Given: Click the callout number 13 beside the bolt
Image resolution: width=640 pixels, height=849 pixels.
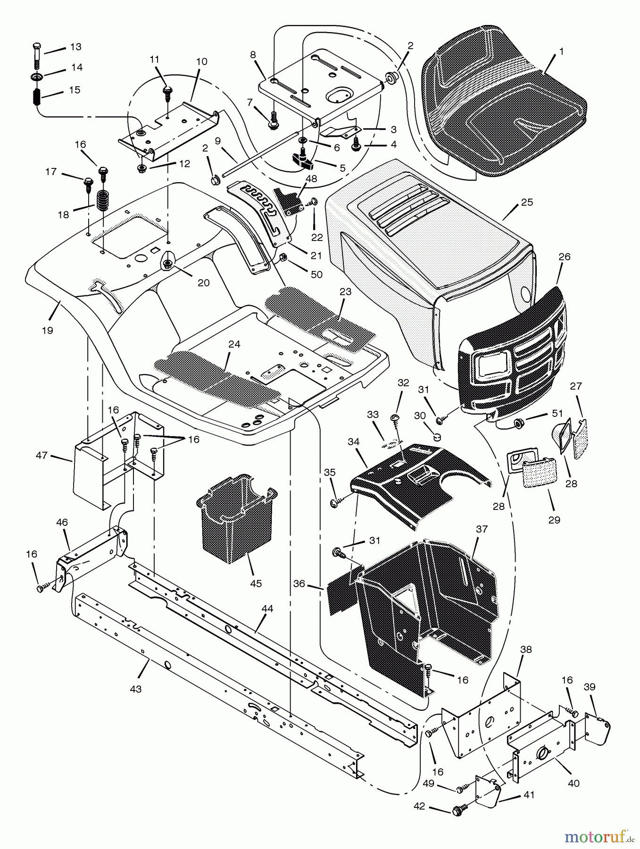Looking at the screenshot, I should [x=75, y=47].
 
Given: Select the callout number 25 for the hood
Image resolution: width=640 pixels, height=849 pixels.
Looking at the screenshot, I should [x=527, y=202].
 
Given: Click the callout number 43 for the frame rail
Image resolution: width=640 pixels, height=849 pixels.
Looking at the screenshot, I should [x=135, y=689].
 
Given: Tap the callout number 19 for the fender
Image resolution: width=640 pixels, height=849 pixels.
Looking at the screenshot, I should [x=47, y=330].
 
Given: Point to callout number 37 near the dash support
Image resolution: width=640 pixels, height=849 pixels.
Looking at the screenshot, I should [x=482, y=529].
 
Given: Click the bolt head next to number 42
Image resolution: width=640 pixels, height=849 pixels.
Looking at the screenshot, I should [x=457, y=811].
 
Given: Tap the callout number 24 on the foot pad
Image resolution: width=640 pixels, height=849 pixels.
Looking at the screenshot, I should [x=234, y=344].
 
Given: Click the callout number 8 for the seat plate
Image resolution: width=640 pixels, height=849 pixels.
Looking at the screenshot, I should [x=253, y=55].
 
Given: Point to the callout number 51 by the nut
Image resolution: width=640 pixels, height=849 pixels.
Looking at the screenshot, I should [x=557, y=413].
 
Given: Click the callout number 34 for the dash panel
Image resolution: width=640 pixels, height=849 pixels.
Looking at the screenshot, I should [x=353, y=442].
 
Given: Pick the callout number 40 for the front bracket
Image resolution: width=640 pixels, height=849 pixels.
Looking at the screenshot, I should [x=574, y=783].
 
